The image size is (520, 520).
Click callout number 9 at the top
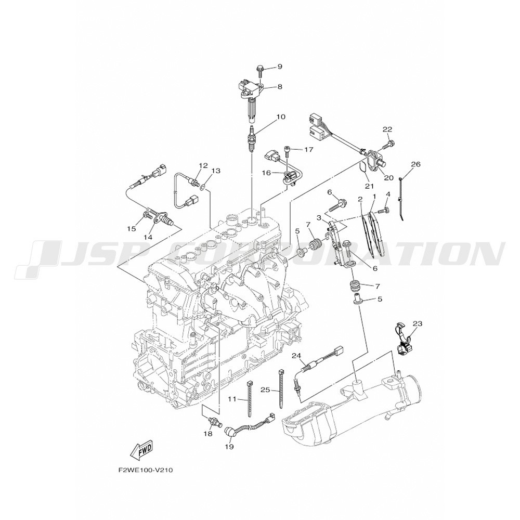[280, 67]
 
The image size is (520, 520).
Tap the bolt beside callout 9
[260, 71]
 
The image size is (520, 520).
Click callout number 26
[415, 164]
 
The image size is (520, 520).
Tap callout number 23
[418, 323]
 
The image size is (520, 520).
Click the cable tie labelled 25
[281, 387]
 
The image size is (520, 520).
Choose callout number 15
[132, 228]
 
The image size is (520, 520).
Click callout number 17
[308, 150]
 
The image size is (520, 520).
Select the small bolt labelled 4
[385, 210]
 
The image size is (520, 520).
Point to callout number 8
[280, 87]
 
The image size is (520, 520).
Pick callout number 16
[267, 173]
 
